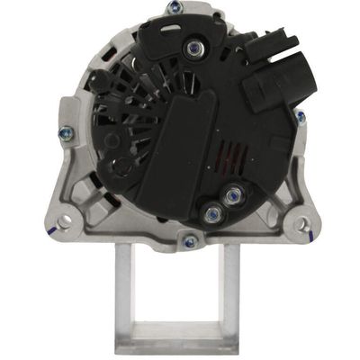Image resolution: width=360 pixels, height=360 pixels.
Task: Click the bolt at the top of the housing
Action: pyautogui.click(x=172, y=8)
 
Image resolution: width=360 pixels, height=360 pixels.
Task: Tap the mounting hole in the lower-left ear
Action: pyautogui.click(x=65, y=215)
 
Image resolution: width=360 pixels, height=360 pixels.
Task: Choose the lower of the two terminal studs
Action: pyautogui.click(x=213, y=213)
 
